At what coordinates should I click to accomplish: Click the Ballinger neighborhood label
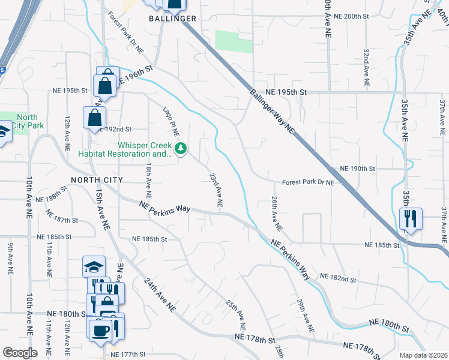(173, 19)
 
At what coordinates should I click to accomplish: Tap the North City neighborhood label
(97, 180)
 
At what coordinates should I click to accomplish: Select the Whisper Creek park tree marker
(181, 148)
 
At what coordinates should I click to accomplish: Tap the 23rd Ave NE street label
(216, 190)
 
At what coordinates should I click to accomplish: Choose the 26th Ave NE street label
(276, 213)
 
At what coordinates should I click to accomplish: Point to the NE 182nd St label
(339, 278)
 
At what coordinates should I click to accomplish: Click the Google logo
(20, 353)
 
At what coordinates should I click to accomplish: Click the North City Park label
(27, 122)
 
